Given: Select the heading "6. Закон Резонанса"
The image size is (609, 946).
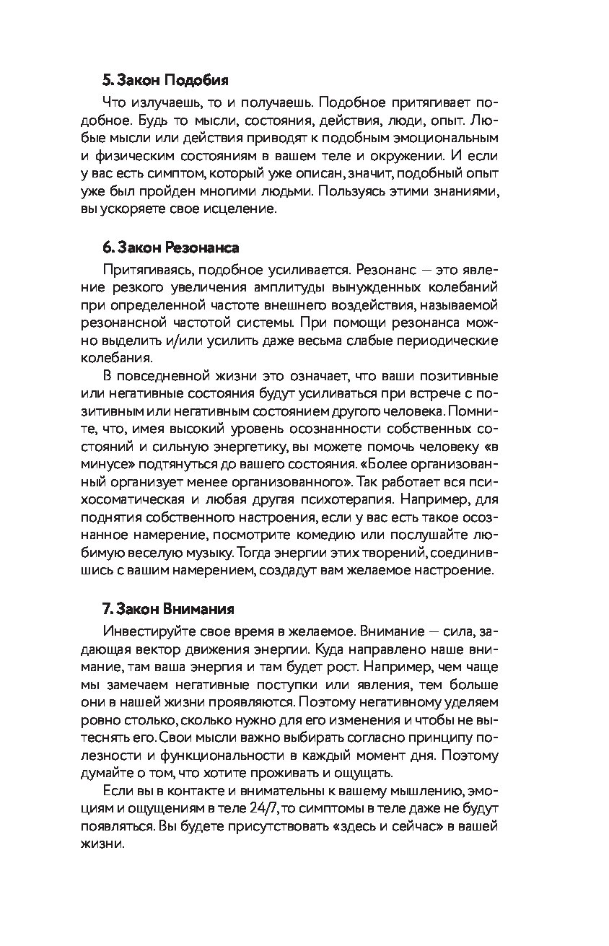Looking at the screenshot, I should coord(170,247).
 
